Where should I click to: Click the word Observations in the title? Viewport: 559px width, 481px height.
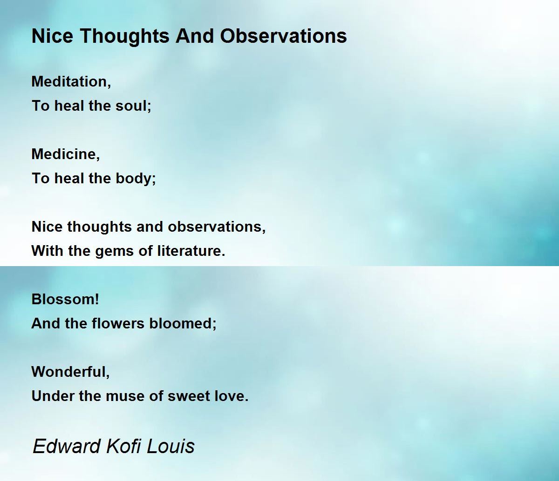pyautogui.click(x=283, y=36)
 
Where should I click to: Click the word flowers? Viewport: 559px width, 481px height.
pyautogui.click(x=118, y=323)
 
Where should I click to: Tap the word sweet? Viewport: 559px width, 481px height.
pyautogui.click(x=189, y=396)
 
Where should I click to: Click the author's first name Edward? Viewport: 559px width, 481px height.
pyautogui.click(x=67, y=446)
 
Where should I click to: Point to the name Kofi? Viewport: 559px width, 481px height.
pyautogui.click(x=124, y=446)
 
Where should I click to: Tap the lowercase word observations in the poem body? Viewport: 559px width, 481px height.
pyautogui.click(x=217, y=227)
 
